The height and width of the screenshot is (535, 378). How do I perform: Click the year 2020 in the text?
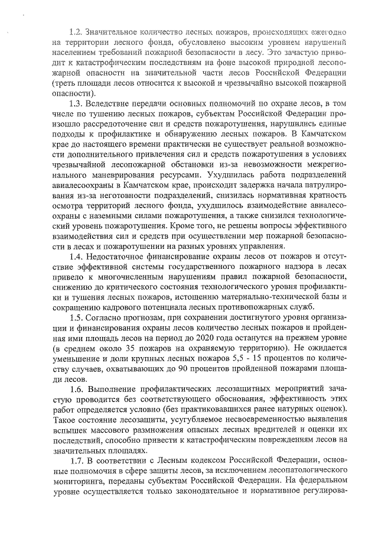(207, 338)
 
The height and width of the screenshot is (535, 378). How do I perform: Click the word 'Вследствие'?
(110, 103)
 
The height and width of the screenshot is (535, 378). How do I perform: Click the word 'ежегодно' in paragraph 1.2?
(327, 30)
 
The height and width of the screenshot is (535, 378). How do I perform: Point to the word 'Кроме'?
(181, 225)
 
